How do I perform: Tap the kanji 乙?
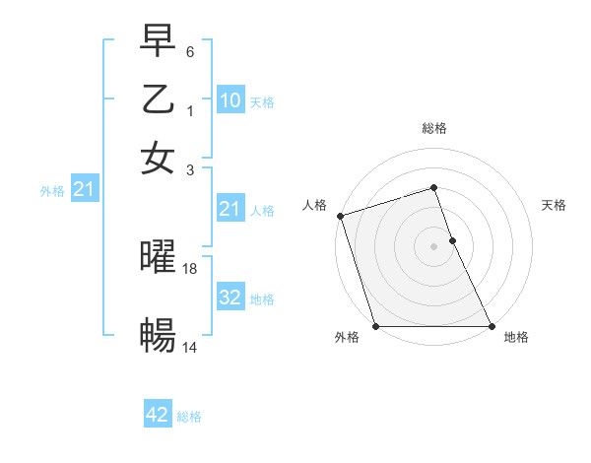tap(158, 100)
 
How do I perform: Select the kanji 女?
tap(158, 157)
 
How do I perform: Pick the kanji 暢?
tap(158, 336)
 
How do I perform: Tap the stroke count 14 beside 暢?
tap(190, 347)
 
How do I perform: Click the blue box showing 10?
tap(230, 100)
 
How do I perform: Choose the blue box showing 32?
tap(230, 298)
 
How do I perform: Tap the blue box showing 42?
tap(158, 415)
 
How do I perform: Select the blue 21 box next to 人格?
tap(230, 209)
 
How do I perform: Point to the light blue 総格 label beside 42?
tap(189, 417)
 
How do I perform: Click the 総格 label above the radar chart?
tap(434, 128)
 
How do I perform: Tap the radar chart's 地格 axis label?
tap(516, 338)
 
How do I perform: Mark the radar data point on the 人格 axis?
tap(340, 216)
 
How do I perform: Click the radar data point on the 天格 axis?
tap(452, 240)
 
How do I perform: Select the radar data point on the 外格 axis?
tap(375, 326)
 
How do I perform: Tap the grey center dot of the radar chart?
tap(434, 246)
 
